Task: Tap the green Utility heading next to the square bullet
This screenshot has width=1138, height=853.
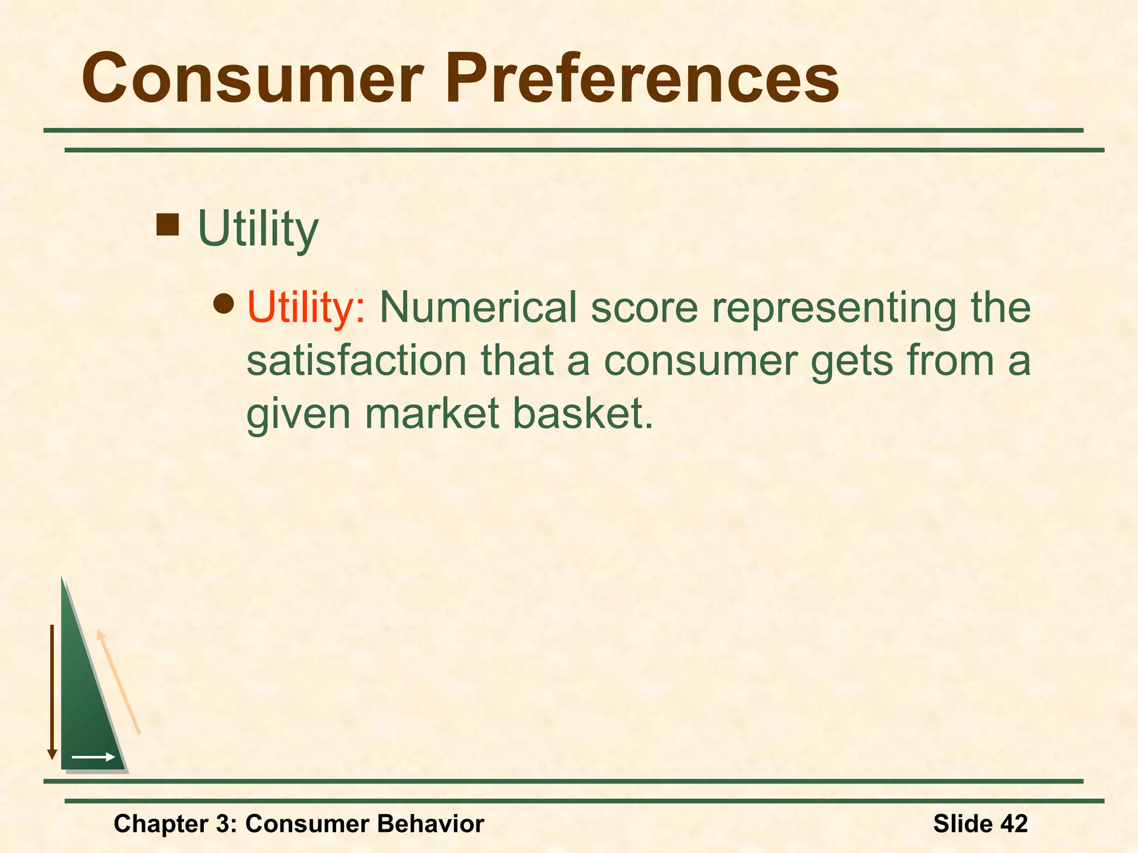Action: (258, 229)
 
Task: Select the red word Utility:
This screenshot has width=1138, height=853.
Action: (306, 307)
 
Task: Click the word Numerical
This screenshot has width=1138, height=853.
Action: (478, 307)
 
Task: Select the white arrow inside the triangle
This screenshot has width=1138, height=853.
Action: (93, 757)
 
